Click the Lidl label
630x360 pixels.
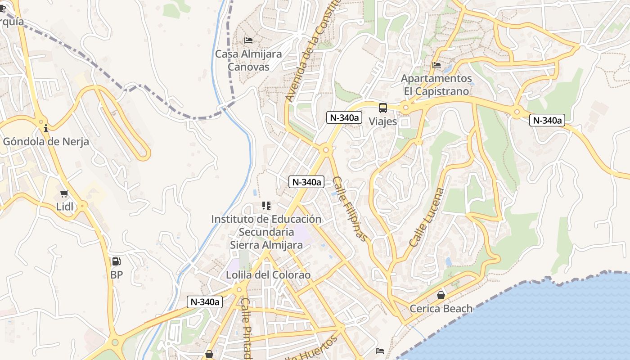click(x=65, y=207)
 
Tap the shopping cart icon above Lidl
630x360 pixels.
click(x=64, y=194)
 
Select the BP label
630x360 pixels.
click(x=116, y=274)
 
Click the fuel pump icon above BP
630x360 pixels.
click(x=116, y=261)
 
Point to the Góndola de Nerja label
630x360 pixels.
click(x=46, y=141)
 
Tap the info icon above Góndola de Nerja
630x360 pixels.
click(x=45, y=129)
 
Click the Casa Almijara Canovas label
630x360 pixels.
click(x=248, y=60)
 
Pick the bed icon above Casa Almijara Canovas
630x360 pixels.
click(x=248, y=40)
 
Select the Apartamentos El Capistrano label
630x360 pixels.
click(x=436, y=85)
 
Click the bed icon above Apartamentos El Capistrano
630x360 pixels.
click(x=436, y=65)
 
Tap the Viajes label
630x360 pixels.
click(x=383, y=121)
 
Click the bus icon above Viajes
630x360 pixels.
click(x=382, y=108)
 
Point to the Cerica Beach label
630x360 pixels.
click(x=441, y=308)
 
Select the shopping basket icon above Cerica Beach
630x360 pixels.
click(x=441, y=295)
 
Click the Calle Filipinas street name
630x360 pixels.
click(x=351, y=208)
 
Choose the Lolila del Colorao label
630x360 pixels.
click(x=268, y=274)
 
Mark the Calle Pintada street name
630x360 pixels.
click(x=246, y=328)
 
